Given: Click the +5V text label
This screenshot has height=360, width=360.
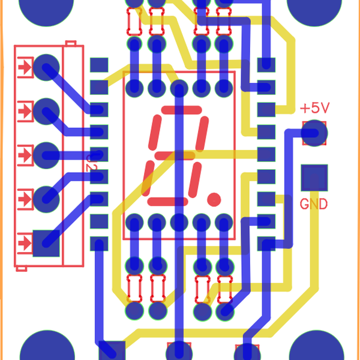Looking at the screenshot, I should (315, 109).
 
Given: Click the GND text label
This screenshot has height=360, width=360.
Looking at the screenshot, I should (314, 204).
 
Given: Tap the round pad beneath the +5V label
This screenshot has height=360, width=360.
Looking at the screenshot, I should (314, 133).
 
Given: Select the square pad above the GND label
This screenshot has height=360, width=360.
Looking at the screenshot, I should (314, 178).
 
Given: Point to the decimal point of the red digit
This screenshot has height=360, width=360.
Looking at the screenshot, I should (214, 197).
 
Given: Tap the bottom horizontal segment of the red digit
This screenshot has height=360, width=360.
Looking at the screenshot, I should (167, 201).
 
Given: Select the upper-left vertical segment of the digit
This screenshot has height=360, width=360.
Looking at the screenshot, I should (155, 133).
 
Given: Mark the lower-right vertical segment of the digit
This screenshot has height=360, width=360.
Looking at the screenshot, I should (194, 179).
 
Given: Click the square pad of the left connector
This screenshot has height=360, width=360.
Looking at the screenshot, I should (46, 243).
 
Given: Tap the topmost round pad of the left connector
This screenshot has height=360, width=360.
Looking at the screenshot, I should (46, 68).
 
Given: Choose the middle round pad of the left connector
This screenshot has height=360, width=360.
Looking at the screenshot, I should (46, 155).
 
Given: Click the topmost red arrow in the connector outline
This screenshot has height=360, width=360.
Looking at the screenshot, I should (25, 68).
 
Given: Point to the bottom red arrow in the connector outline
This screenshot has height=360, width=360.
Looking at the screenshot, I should (25, 243).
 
